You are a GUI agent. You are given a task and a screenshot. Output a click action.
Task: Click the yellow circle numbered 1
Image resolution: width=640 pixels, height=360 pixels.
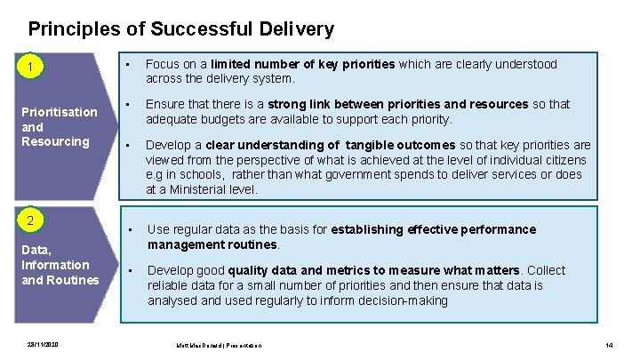(31, 67)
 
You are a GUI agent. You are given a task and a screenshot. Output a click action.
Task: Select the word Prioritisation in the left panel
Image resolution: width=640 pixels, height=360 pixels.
(59, 112)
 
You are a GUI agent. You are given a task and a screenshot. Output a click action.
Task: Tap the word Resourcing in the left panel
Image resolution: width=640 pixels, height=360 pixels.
(55, 142)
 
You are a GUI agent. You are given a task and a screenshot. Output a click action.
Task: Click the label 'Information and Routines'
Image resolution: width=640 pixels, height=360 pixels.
(60, 272)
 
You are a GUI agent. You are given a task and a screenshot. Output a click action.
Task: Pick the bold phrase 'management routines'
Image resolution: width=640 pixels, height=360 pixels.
(213, 244)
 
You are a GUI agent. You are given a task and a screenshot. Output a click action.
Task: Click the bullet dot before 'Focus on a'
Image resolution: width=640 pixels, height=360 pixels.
(130, 64)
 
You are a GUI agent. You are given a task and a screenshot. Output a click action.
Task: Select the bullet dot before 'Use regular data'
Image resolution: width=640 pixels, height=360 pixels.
(130, 229)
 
